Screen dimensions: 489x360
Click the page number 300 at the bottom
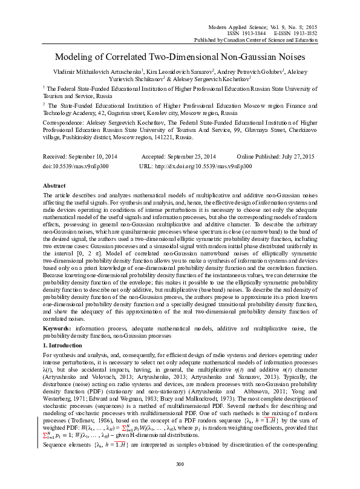coord(179,464)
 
